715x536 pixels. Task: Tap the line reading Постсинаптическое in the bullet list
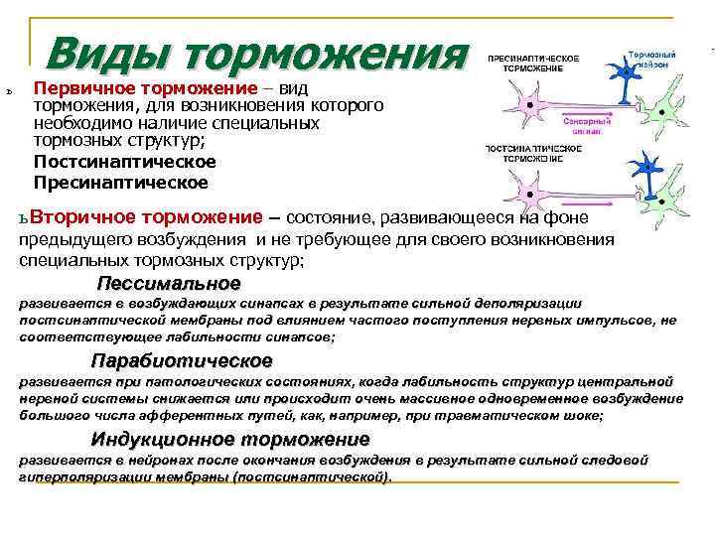(124, 162)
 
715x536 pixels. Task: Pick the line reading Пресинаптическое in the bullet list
(120, 183)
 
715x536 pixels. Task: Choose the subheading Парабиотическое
(181, 361)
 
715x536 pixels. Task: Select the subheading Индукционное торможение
(230, 439)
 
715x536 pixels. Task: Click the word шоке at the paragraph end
(584, 417)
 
